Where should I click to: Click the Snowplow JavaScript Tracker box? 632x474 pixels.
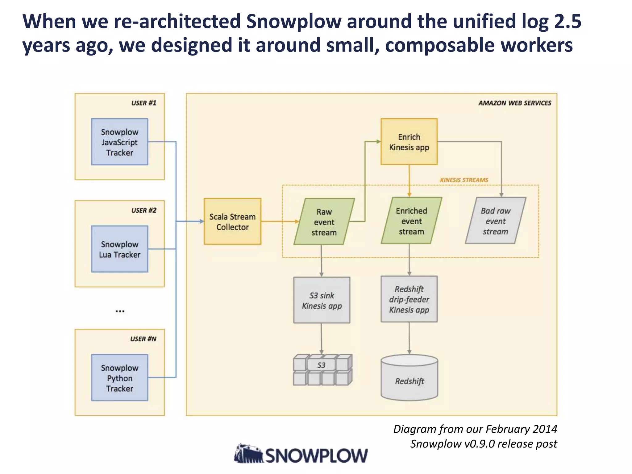tap(119, 142)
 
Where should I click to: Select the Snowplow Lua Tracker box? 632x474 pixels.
tap(119, 249)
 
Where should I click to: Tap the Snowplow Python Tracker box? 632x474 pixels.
tap(119, 378)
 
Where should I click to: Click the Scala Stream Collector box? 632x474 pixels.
tap(232, 222)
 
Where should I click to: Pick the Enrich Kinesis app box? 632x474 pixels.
tap(409, 142)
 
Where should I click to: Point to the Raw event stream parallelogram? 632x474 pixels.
tap(324, 222)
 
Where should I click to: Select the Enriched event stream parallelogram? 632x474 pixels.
tap(411, 221)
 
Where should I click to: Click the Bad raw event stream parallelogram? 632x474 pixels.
tap(495, 221)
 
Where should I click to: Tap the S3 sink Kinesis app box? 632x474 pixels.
tap(322, 300)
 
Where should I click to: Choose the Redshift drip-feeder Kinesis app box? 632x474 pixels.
tap(409, 299)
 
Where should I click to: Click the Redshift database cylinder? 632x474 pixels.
tap(409, 378)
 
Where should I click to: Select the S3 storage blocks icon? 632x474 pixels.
tap(322, 370)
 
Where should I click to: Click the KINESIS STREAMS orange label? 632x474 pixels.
tap(464, 180)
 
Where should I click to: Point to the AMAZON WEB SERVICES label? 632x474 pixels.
tap(514, 103)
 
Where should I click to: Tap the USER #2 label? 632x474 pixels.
tap(144, 210)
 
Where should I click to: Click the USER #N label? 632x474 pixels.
tap(143, 339)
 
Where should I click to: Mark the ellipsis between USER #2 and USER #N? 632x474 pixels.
tap(120, 311)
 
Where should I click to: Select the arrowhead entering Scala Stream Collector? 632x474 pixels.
tap(202, 221)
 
